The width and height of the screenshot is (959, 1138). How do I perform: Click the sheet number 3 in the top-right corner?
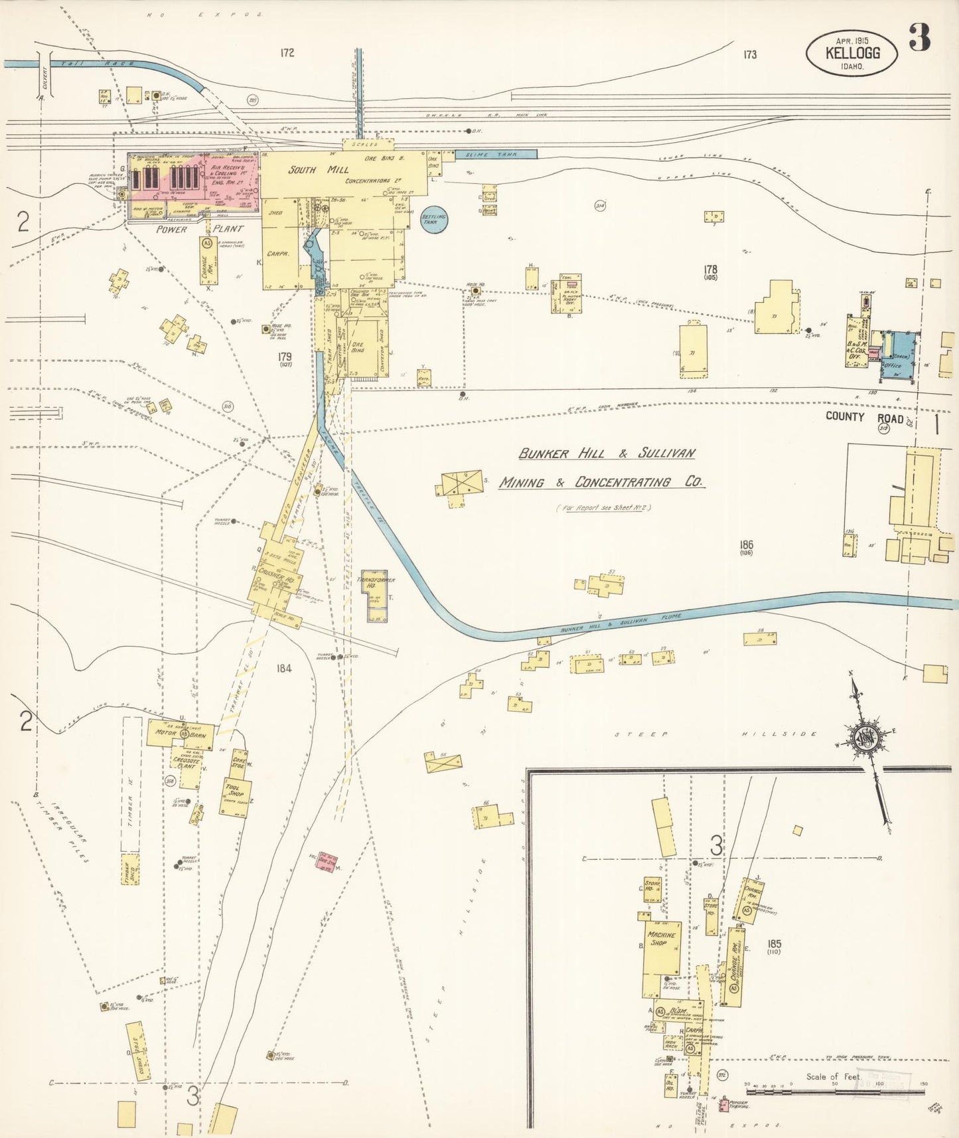919,38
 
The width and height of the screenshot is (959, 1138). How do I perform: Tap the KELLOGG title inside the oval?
852,52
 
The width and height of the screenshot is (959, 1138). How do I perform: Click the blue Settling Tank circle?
434,220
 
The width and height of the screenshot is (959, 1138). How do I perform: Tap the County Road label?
864,417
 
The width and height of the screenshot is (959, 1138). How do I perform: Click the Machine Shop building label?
662,939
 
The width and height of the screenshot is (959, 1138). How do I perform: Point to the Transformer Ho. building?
376,584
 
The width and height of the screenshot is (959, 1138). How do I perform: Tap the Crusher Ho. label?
275,578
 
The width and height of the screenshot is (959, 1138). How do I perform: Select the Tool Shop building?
236,795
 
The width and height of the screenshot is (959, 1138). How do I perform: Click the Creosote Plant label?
187,763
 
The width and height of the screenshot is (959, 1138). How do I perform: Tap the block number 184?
283,669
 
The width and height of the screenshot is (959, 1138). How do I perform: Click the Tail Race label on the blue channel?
97,64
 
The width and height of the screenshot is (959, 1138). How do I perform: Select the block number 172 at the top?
287,53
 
